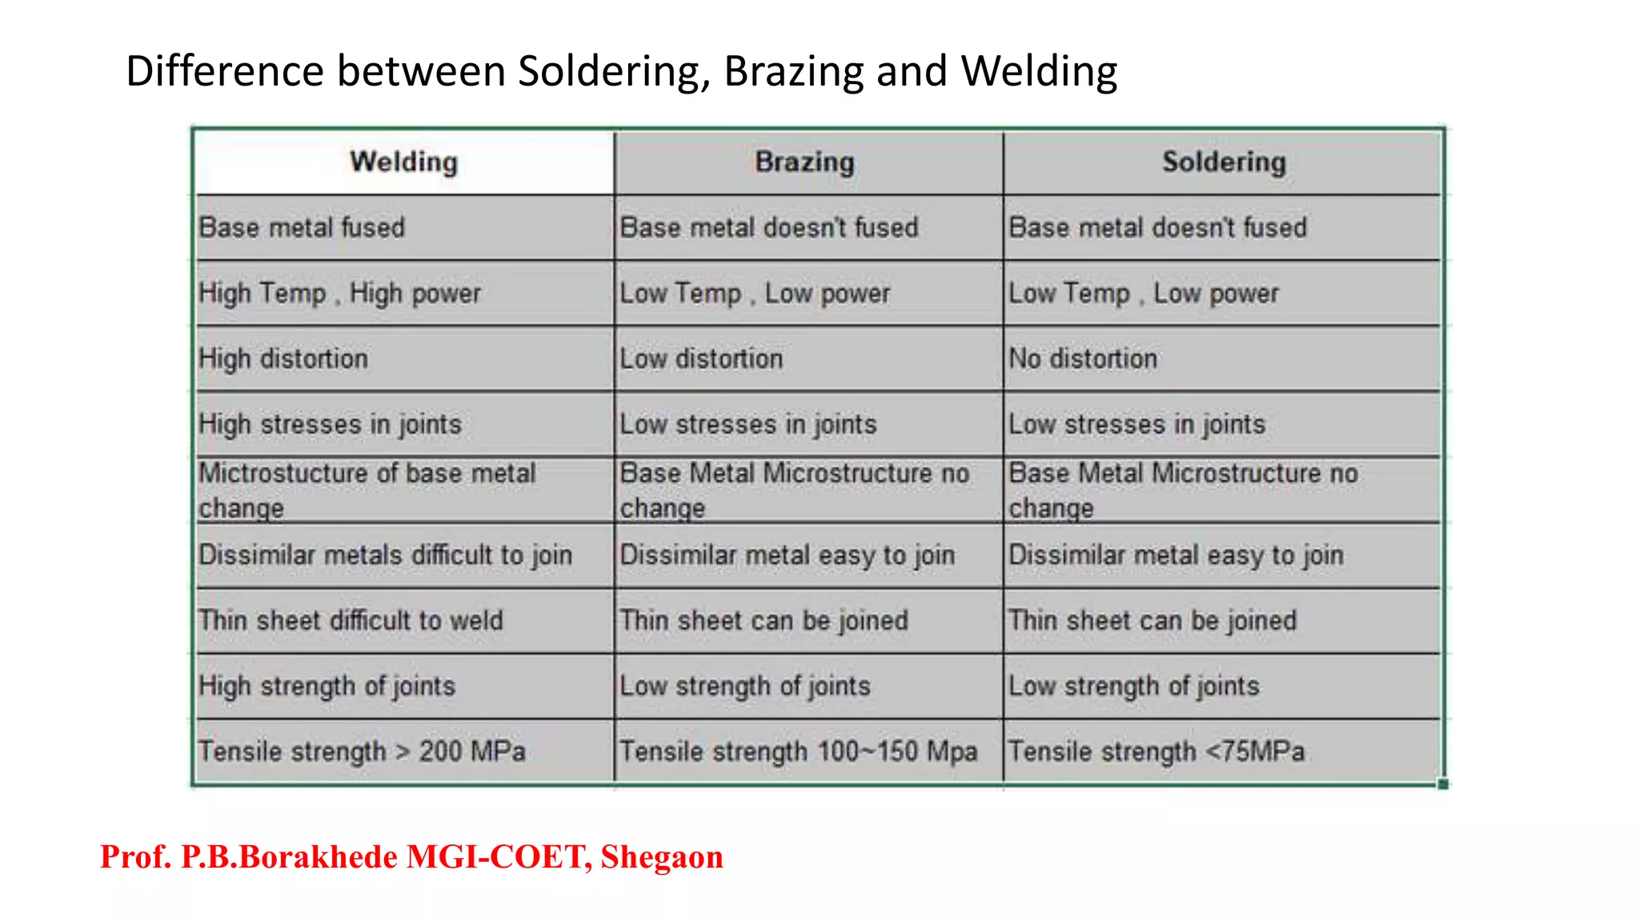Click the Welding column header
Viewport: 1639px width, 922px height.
click(404, 162)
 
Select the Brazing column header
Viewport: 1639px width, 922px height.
click(805, 162)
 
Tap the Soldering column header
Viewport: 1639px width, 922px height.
click(1224, 162)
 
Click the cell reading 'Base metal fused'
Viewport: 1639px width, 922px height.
click(303, 228)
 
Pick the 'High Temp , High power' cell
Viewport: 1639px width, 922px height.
click(340, 294)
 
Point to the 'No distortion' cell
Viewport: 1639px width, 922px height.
click(1083, 359)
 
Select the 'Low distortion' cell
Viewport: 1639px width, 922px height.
click(701, 359)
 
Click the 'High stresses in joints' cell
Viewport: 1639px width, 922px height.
click(331, 424)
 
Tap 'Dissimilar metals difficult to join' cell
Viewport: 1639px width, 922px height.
click(386, 555)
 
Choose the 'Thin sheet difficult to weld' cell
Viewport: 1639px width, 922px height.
click(351, 621)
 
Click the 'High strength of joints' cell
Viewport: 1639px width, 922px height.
click(327, 687)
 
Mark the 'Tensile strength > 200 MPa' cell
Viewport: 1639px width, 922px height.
click(363, 752)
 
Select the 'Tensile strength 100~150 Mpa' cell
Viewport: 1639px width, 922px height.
click(799, 752)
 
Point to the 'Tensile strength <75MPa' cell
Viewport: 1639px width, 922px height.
click(1156, 752)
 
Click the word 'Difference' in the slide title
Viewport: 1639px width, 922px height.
click(225, 71)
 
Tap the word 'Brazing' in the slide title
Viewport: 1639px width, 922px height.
click(794, 71)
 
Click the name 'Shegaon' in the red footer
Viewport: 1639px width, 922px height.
click(662, 857)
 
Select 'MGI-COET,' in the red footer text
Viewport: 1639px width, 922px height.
click(499, 857)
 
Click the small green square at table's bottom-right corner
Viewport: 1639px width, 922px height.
click(1443, 784)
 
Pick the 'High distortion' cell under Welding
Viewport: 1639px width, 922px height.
click(284, 359)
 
